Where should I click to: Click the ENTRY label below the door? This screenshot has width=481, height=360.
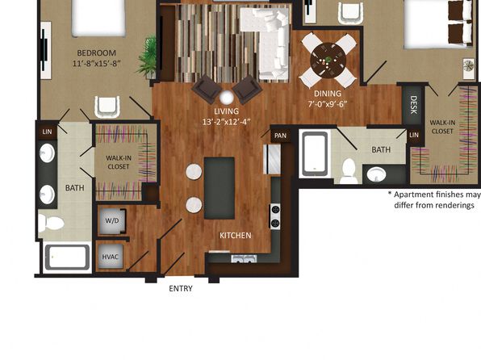click(x=181, y=288)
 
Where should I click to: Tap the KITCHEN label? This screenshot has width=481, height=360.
click(x=236, y=236)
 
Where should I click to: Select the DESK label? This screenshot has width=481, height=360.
click(x=413, y=105)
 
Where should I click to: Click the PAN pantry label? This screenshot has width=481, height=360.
click(x=280, y=136)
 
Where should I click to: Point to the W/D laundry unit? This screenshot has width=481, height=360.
click(x=112, y=220)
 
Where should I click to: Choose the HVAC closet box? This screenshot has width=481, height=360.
click(x=110, y=257)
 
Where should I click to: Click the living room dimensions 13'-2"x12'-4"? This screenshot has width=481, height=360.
click(x=227, y=122)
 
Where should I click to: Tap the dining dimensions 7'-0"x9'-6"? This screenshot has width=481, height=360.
click(x=328, y=104)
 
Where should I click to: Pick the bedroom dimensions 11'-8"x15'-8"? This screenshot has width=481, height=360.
click(x=96, y=64)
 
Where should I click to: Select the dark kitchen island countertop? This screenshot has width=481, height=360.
click(x=220, y=188)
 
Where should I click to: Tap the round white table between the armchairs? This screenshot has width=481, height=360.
click(x=227, y=98)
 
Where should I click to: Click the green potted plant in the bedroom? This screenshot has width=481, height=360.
click(x=148, y=57)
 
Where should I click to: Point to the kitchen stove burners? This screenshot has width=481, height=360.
click(x=275, y=216)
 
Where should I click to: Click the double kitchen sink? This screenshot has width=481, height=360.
click(x=244, y=259)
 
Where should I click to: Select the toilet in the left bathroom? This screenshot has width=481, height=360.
click(x=51, y=223)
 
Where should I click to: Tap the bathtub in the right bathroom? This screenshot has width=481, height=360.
click(x=315, y=153)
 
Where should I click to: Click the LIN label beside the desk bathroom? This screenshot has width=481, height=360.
click(x=414, y=135)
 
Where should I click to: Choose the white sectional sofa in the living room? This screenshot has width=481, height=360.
click(x=270, y=43)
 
